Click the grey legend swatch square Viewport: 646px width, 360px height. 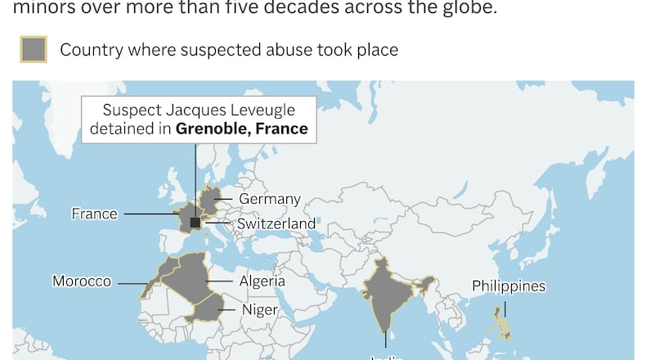click(x=34, y=50)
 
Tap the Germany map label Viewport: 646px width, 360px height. click(x=270, y=199)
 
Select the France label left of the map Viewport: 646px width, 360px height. click(x=95, y=214)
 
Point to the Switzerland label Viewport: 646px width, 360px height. click(x=276, y=223)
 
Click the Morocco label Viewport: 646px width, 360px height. click(x=82, y=281)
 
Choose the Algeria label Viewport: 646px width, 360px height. click(x=262, y=281)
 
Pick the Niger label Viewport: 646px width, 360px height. click(x=260, y=310)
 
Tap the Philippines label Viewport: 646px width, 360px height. click(x=509, y=286)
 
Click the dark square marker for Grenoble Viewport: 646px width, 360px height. click(x=195, y=223)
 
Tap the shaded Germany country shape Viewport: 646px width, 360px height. click(x=210, y=199)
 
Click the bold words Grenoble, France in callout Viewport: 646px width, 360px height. click(x=242, y=128)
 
